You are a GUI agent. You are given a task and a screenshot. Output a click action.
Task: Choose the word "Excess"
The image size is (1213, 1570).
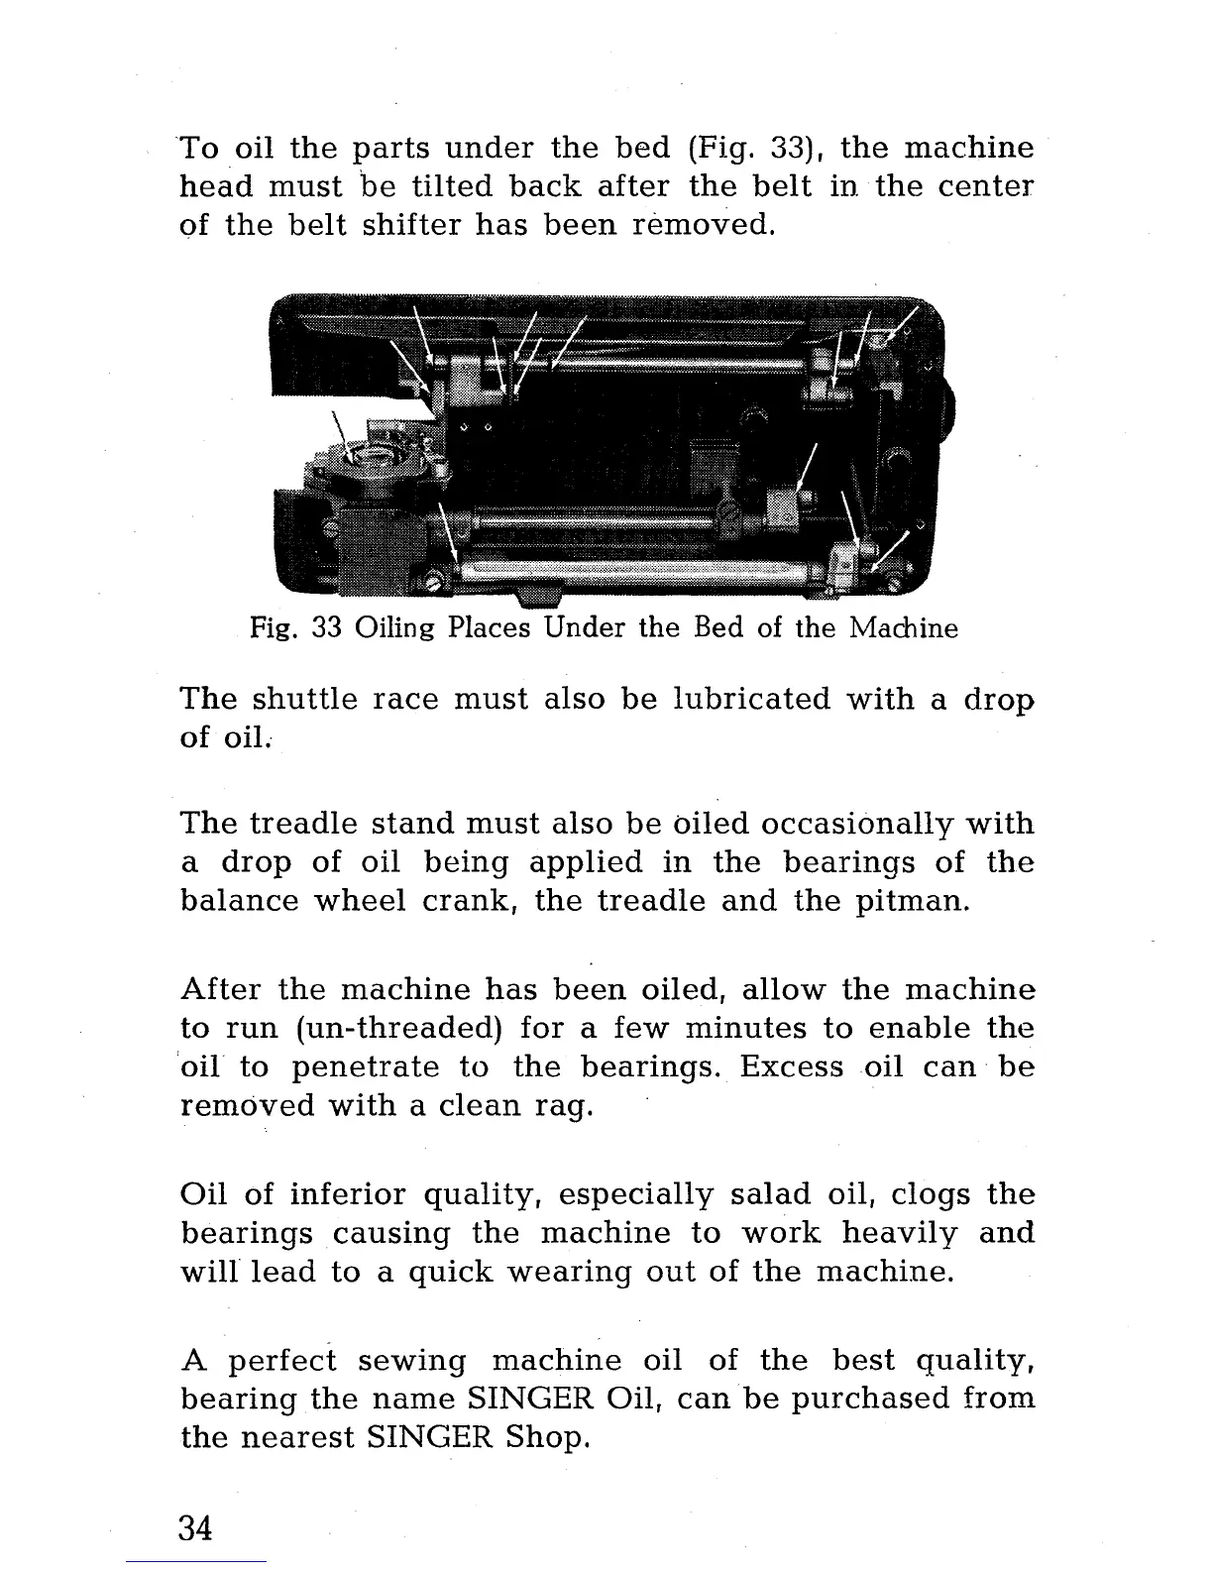click(791, 1067)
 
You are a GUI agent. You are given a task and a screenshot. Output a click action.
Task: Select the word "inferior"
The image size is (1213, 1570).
click(345, 1194)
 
